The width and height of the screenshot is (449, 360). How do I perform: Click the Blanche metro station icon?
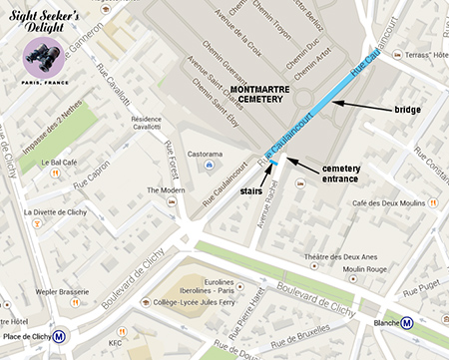[409, 323]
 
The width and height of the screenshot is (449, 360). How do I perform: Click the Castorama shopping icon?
[210, 165]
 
